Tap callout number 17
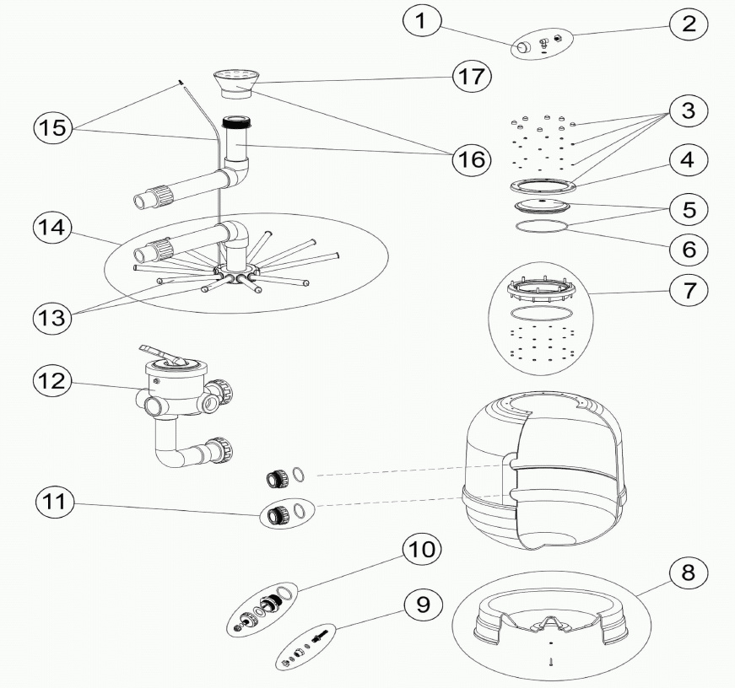point(471,76)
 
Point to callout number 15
point(53,129)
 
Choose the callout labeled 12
point(53,381)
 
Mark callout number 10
point(421,551)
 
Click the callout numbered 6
point(689,250)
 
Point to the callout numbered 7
point(688,291)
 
